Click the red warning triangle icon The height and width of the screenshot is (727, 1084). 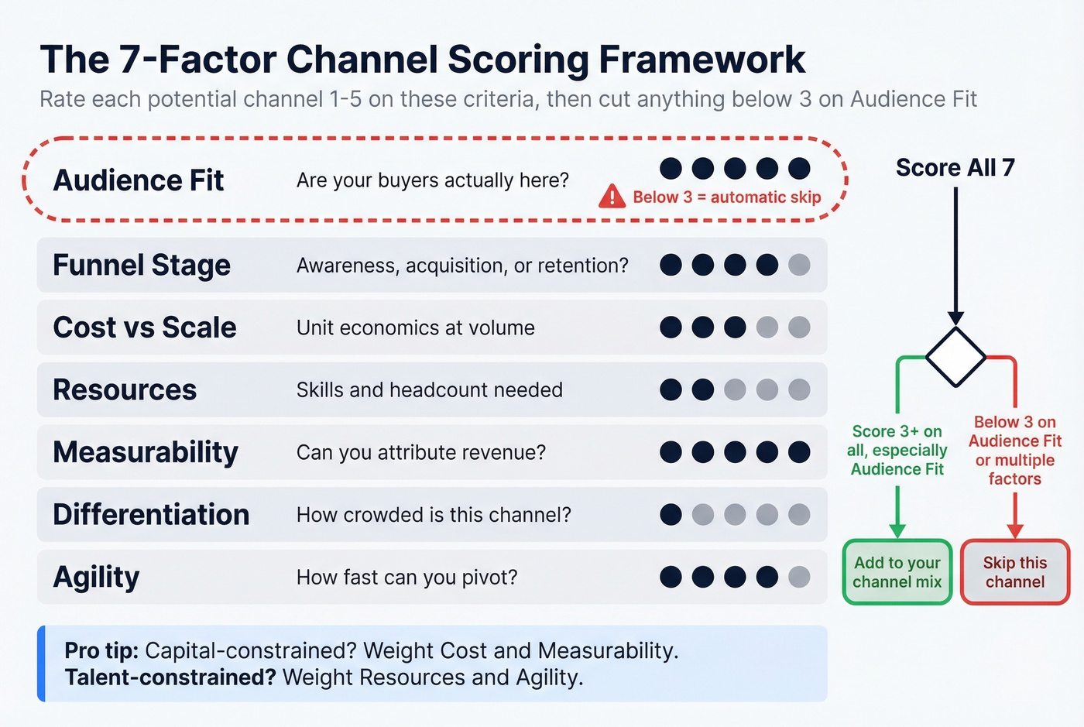click(x=612, y=197)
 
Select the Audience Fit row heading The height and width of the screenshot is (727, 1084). click(x=138, y=180)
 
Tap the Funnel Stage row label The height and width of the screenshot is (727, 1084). click(x=142, y=266)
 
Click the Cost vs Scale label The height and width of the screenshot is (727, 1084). click(x=145, y=327)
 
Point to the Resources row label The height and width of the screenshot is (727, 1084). click(x=125, y=390)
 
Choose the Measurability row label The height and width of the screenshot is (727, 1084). click(x=146, y=452)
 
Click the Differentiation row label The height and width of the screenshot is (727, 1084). click(x=151, y=515)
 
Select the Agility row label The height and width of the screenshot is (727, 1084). click(x=96, y=578)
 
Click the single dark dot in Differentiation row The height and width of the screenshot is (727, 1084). click(x=671, y=514)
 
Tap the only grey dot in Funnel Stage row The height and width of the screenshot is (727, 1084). click(x=799, y=265)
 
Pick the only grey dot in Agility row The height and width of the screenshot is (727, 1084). click(x=799, y=577)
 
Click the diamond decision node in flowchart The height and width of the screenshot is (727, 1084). click(x=955, y=357)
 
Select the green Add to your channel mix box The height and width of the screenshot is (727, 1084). click(x=897, y=572)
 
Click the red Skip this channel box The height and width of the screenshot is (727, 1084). click(x=1014, y=572)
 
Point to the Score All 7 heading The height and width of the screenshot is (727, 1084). click(x=955, y=168)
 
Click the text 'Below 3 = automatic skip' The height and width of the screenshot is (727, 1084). click(x=726, y=197)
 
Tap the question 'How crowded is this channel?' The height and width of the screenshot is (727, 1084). click(x=434, y=515)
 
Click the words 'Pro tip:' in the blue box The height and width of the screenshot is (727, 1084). click(x=101, y=650)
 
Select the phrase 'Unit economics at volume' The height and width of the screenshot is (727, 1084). click(x=415, y=327)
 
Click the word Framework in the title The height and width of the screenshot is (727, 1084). click(x=702, y=60)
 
